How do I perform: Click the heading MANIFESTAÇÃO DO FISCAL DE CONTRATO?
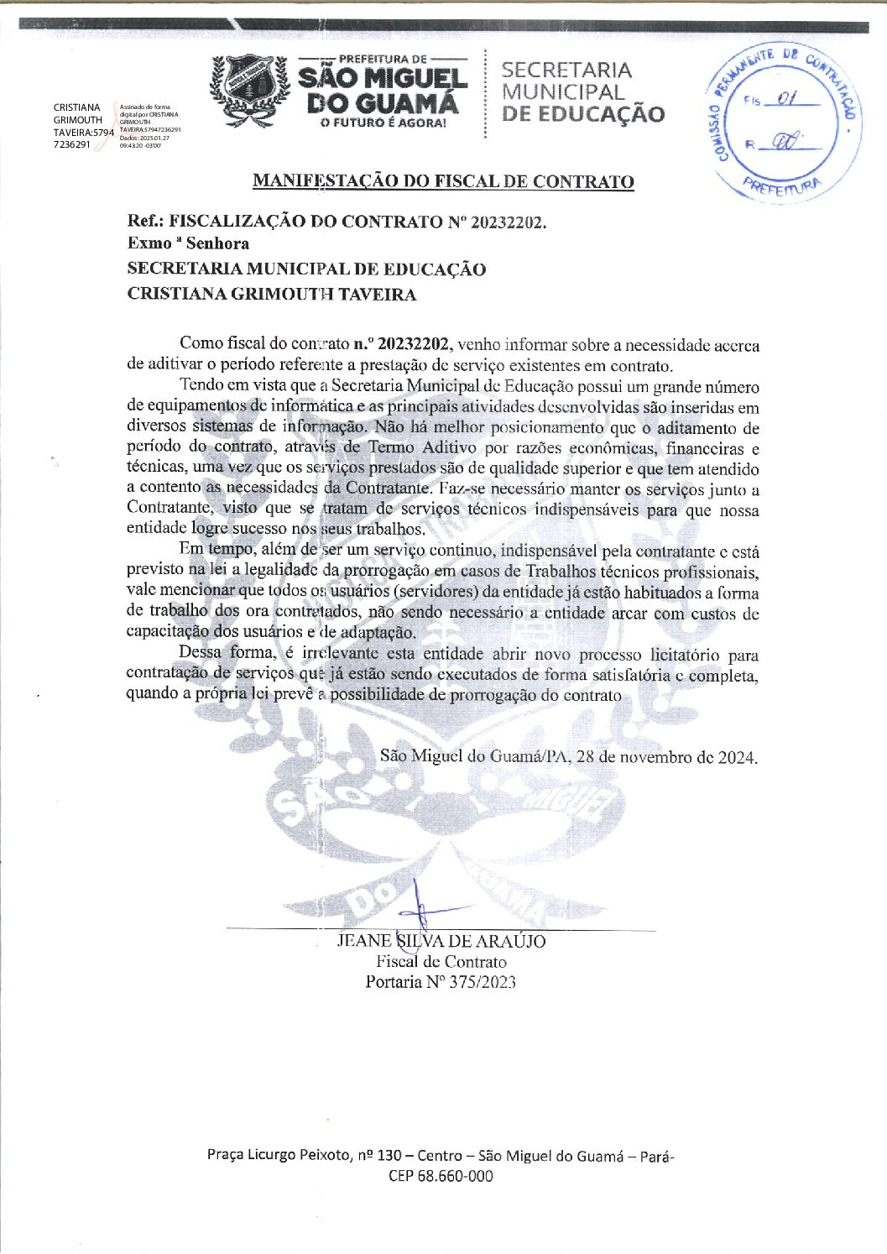[443, 181]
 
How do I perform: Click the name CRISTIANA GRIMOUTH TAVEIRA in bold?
[271, 295]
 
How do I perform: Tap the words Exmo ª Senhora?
[188, 244]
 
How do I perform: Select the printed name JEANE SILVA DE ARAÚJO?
[441, 941]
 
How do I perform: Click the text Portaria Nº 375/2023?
[441, 982]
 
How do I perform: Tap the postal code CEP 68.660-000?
[441, 1176]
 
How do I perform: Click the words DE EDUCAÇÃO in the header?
[583, 115]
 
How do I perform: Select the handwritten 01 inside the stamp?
[785, 100]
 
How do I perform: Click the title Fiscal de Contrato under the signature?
[441, 962]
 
